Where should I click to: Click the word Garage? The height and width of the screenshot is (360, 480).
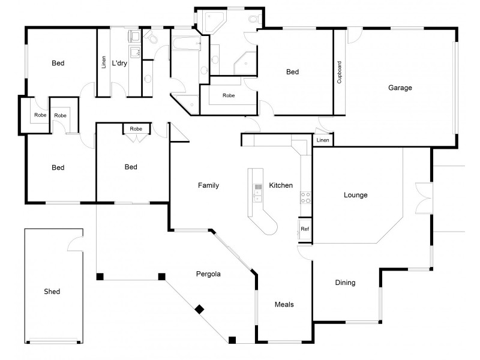(x=400, y=88)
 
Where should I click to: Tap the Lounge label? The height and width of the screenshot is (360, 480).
(x=355, y=195)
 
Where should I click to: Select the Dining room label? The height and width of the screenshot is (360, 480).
(x=345, y=283)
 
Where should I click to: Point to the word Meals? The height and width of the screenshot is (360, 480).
(x=284, y=305)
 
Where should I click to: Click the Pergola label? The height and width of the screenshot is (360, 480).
(x=209, y=274)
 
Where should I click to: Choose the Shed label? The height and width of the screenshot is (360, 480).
(x=52, y=292)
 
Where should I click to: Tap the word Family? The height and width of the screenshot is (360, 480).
(x=208, y=185)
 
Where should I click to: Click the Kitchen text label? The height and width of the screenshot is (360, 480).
(x=281, y=185)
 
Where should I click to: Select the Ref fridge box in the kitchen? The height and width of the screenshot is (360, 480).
(x=304, y=229)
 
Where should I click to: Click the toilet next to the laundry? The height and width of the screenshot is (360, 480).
(x=153, y=39)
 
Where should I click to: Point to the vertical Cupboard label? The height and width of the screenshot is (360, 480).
(x=340, y=72)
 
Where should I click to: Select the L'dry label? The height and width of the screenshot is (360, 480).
(x=119, y=62)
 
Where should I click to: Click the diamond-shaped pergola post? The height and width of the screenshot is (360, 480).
(x=199, y=310)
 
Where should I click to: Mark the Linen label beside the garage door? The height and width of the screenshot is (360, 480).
(x=323, y=140)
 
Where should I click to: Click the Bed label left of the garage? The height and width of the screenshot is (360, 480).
(x=292, y=72)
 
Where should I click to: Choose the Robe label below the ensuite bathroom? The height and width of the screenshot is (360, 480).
(x=229, y=95)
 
